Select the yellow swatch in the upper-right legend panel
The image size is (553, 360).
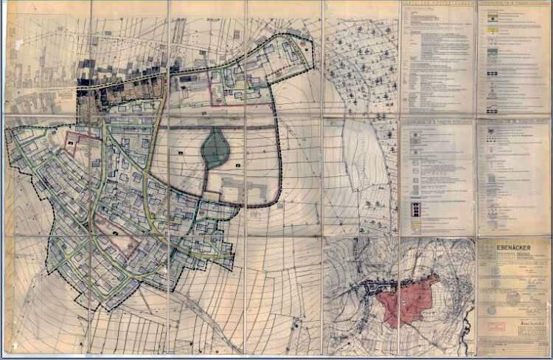point(492,29)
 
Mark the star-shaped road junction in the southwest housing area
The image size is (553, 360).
point(88,240)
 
